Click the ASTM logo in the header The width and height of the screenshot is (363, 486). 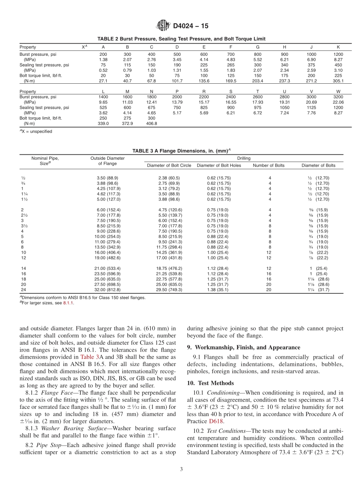point(164,26)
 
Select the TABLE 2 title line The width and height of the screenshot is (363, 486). point(181,39)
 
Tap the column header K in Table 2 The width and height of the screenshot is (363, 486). point(338,47)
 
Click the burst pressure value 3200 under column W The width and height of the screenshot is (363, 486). point(338,97)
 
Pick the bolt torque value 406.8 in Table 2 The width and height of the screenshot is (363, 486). point(151,123)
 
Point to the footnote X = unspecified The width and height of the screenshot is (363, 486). point(36,131)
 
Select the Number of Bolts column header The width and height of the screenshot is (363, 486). point(269,165)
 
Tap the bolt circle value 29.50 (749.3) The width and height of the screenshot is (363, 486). point(170,290)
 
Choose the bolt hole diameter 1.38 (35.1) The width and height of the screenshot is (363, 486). point(219,290)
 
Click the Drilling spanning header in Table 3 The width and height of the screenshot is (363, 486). point(244,158)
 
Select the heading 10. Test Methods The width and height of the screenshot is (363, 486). point(210,383)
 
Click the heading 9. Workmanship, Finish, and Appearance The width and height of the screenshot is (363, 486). point(243,347)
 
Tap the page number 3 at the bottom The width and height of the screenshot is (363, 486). point(181,469)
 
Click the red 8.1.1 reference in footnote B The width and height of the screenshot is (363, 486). point(68,303)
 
